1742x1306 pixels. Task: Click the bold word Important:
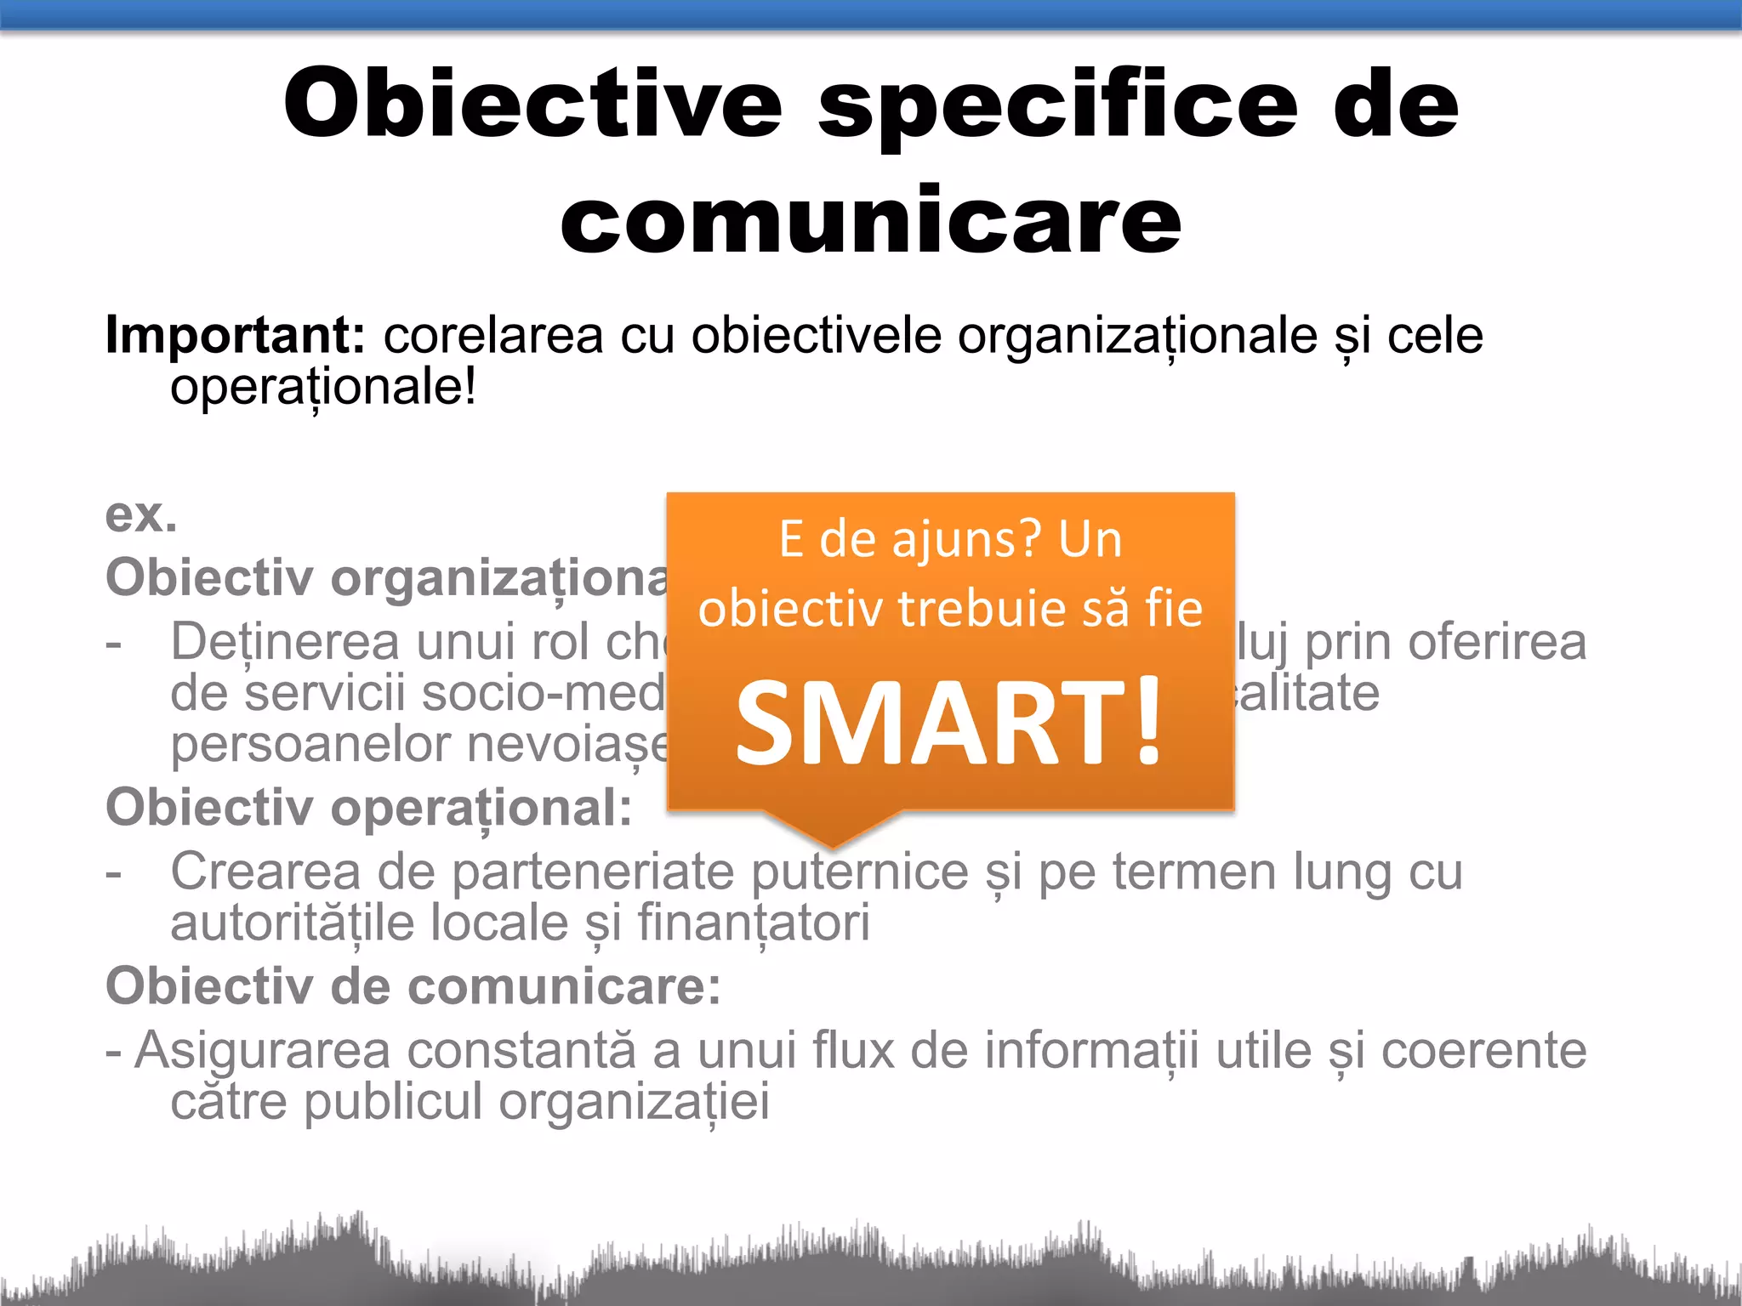235,335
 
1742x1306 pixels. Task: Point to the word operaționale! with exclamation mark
323,388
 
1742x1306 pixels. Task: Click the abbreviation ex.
141,515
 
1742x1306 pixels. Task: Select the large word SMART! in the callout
948,723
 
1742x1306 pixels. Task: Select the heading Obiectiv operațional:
369,807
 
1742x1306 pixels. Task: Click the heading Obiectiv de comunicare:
413,986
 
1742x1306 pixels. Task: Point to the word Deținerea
285,642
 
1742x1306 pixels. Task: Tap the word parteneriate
592,872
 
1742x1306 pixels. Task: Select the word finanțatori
754,923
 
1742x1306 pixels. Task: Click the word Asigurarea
262,1050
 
